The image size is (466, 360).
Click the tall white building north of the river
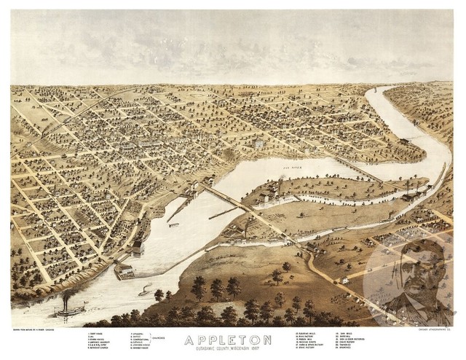258,144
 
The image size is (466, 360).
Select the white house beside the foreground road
342,280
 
